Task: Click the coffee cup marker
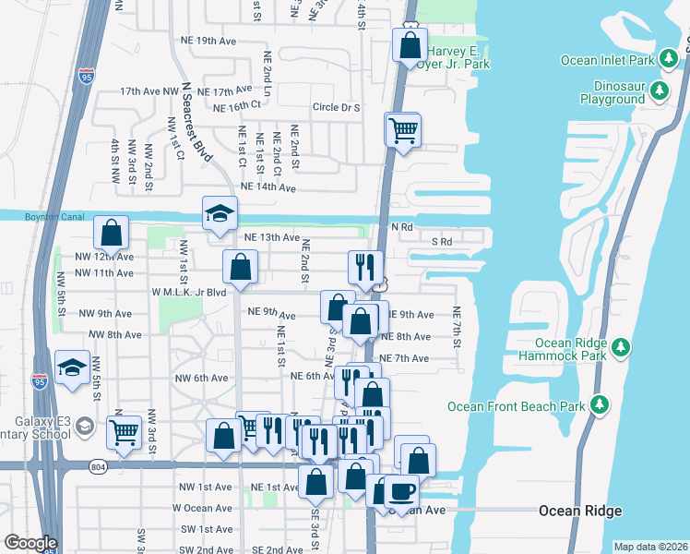(x=401, y=490)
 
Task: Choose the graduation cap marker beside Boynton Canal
(x=220, y=213)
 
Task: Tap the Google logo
(x=30, y=543)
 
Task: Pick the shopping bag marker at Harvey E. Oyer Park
(x=408, y=44)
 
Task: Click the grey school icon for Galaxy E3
(x=85, y=426)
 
